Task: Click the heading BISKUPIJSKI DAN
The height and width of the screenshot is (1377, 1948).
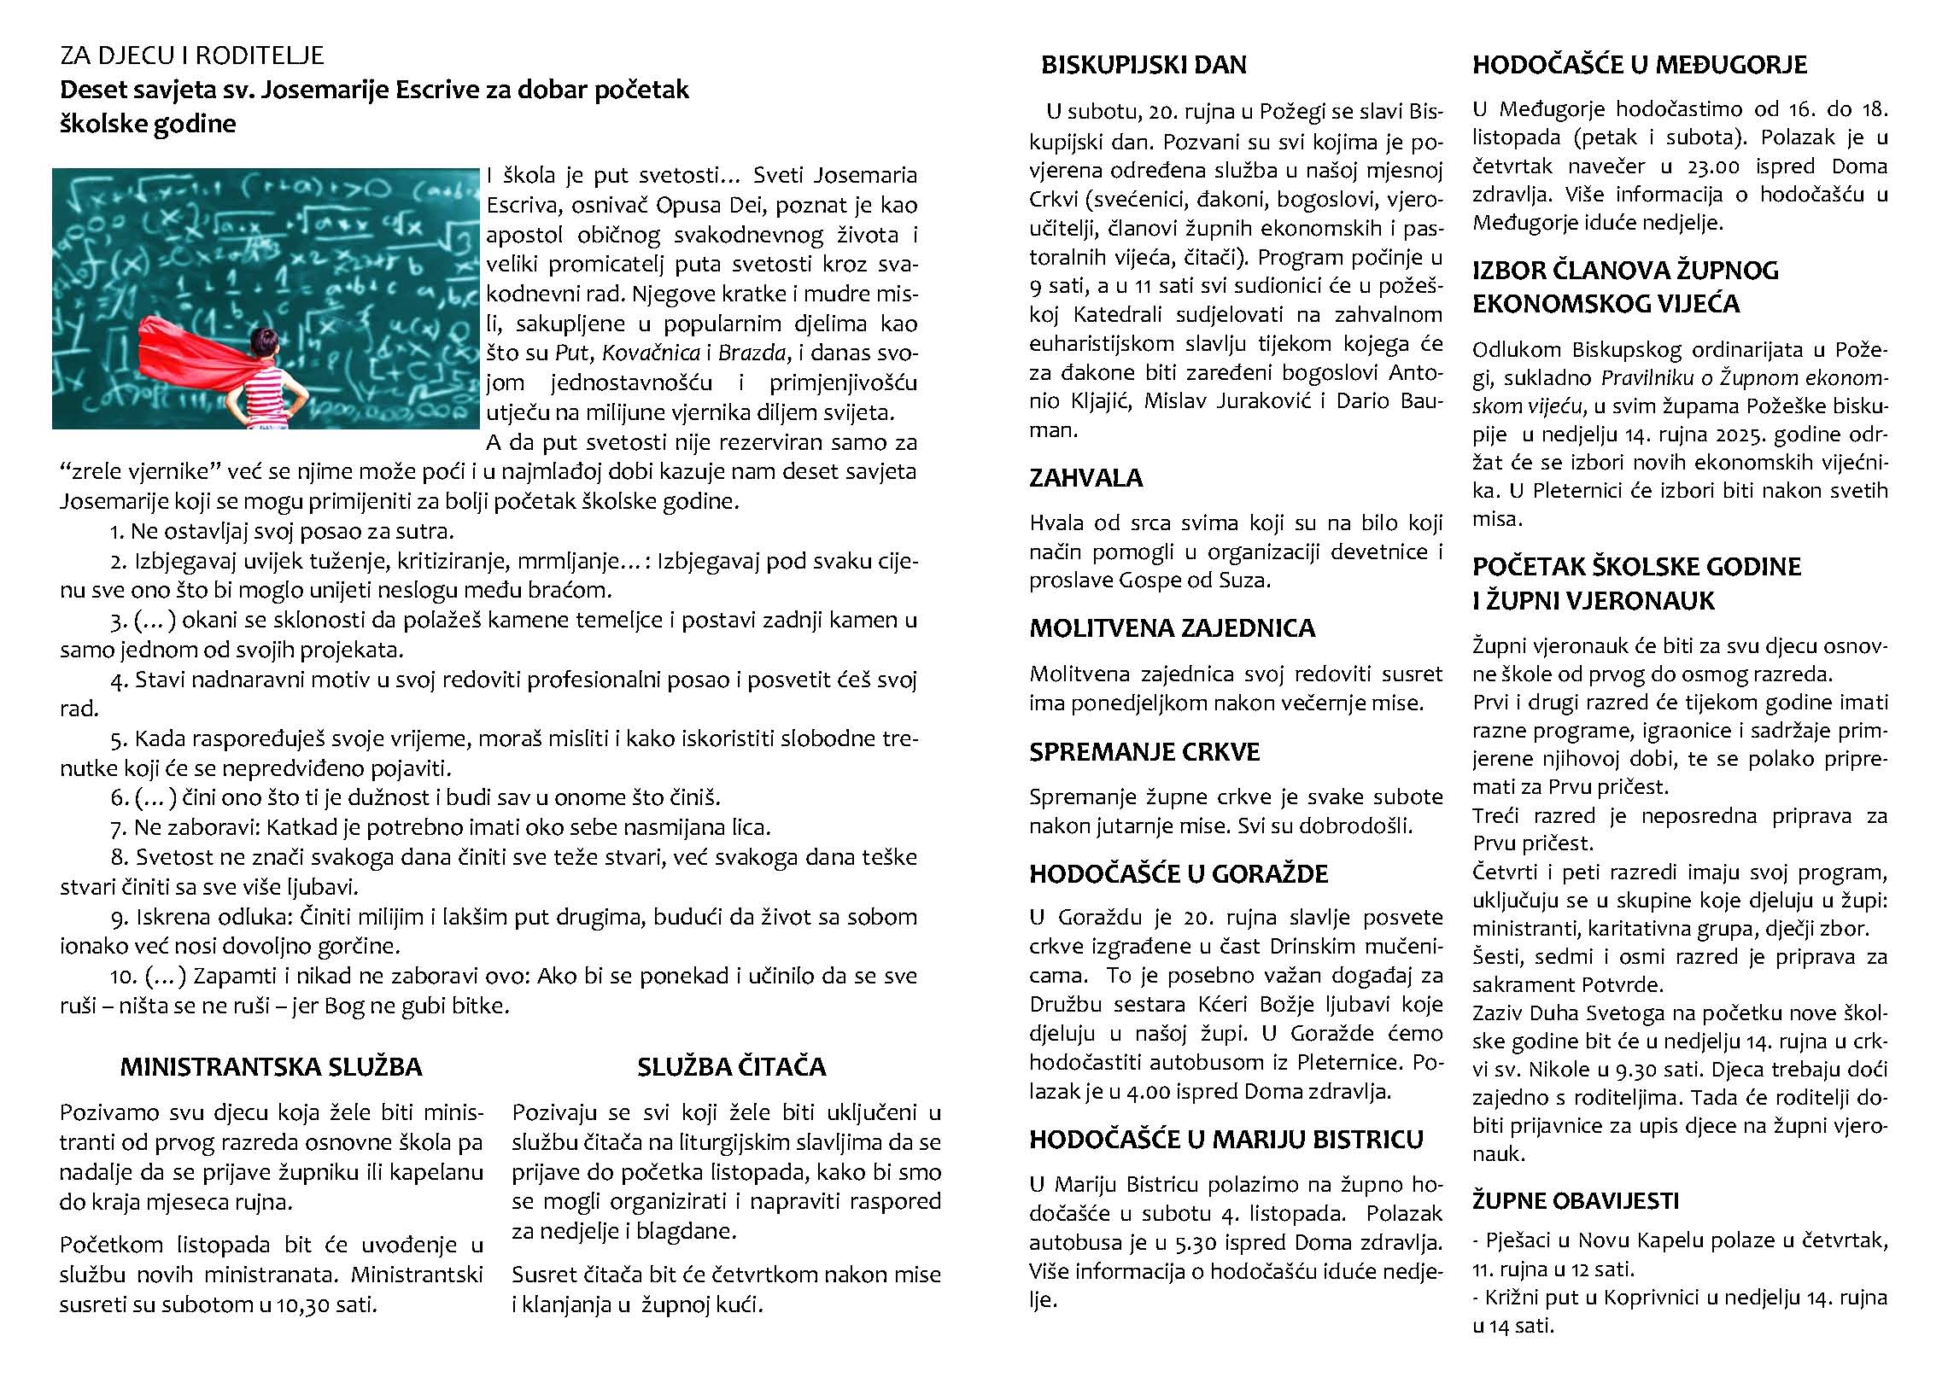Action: [1144, 65]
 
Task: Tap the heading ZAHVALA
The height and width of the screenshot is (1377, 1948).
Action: [1085, 477]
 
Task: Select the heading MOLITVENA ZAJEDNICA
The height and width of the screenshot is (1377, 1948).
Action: [1172, 628]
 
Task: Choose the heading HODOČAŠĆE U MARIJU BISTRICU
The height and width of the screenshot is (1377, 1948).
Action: [1226, 1139]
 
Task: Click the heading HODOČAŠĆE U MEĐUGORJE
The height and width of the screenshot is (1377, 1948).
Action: [1640, 65]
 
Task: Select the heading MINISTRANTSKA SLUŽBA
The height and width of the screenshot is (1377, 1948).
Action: [271, 1066]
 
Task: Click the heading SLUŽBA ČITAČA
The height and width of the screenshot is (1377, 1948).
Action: [731, 1066]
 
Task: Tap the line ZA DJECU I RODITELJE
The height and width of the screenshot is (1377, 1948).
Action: [192, 55]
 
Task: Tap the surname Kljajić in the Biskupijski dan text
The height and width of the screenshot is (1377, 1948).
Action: [1096, 400]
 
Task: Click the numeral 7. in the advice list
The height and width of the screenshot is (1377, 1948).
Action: [119, 827]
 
